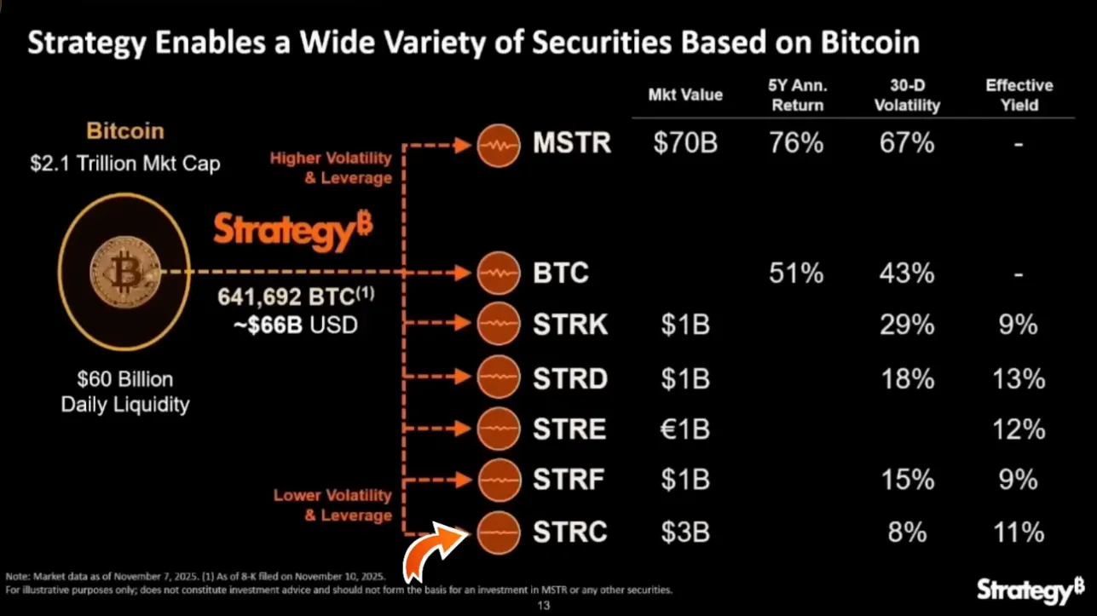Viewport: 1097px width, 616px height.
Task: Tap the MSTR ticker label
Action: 572,143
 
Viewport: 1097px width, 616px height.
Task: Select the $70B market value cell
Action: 685,143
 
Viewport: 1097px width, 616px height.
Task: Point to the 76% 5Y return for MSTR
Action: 795,143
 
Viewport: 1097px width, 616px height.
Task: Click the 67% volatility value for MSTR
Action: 907,143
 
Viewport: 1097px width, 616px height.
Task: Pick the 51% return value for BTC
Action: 795,273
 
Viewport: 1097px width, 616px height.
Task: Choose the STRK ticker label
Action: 570,325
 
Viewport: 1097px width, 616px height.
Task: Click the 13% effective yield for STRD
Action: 1019,377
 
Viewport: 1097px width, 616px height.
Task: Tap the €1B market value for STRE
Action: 685,429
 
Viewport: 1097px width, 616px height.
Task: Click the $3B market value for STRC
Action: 685,533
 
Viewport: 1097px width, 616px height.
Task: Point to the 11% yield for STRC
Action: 1019,533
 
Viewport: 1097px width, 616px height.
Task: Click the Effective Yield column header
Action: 1019,95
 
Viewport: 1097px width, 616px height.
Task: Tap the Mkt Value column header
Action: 685,95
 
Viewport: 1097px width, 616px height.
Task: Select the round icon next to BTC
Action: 499,273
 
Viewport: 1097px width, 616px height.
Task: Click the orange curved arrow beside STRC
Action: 436,555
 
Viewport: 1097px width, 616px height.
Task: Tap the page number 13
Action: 544,606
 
